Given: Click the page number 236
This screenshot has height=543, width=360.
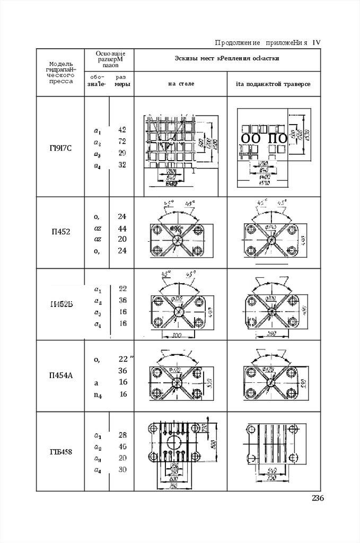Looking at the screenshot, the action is click(317, 498).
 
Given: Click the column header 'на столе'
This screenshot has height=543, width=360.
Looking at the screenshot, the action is click(181, 84).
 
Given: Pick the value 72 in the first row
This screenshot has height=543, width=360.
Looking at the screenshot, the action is click(121, 142).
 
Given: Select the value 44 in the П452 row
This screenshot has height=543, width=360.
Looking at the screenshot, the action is click(121, 228).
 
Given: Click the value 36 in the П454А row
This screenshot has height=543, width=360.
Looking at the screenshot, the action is click(122, 370).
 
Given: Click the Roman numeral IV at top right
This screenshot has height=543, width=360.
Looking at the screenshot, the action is click(317, 42).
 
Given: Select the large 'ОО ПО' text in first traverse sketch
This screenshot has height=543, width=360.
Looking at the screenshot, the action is click(264, 138).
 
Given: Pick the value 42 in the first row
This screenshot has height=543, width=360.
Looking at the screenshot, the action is click(121, 129).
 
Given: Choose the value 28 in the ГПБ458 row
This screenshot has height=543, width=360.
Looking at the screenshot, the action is click(122, 435).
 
